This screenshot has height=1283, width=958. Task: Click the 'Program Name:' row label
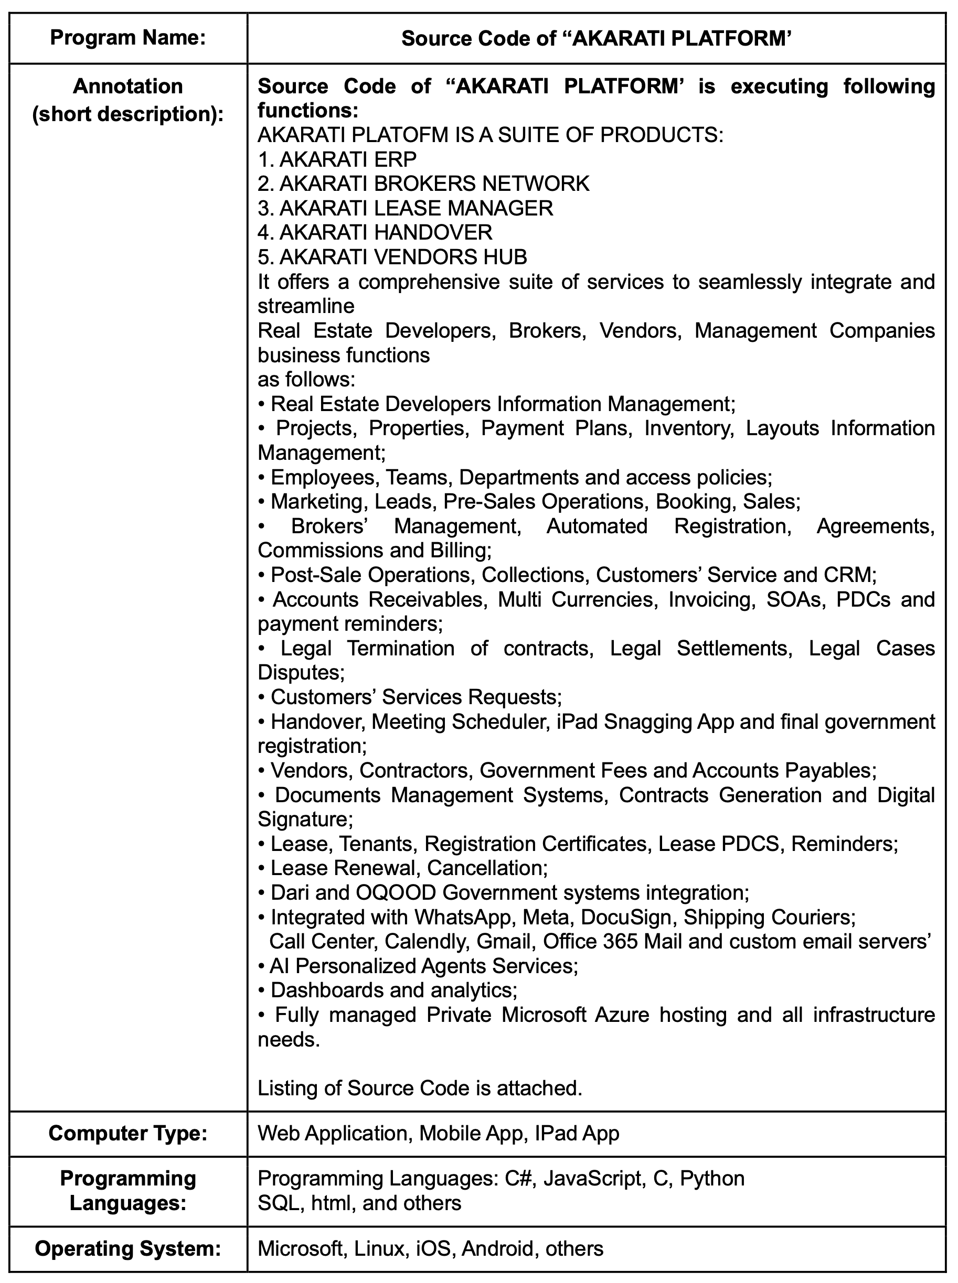coord(127,38)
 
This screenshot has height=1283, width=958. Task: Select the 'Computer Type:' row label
coord(127,1134)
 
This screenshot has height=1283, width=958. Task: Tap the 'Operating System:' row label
coord(127,1248)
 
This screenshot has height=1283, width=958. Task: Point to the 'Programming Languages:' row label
coord(127,1191)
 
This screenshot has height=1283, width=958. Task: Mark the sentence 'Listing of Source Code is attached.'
coord(419,1088)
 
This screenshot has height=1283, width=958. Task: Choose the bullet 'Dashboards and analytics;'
coord(393,990)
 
